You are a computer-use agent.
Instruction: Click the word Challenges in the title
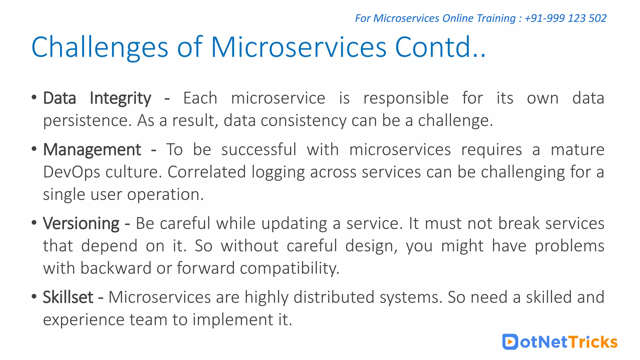click(100, 47)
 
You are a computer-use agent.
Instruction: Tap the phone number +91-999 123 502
click(565, 18)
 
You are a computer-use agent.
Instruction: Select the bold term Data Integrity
click(97, 98)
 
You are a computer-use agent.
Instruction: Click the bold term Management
click(92, 150)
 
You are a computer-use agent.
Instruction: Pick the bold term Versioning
click(81, 224)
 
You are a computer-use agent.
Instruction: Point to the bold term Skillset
click(68, 297)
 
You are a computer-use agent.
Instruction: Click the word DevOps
click(72, 172)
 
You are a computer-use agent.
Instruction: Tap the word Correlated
click(207, 172)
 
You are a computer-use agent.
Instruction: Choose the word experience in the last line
click(83, 320)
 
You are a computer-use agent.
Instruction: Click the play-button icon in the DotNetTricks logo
click(510, 342)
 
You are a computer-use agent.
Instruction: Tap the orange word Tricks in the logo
click(592, 342)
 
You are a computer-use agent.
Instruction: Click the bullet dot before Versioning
click(34, 223)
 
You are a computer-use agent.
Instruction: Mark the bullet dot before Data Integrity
click(34, 97)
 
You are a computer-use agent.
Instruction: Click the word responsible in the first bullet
click(406, 98)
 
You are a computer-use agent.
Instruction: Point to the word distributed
click(334, 297)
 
